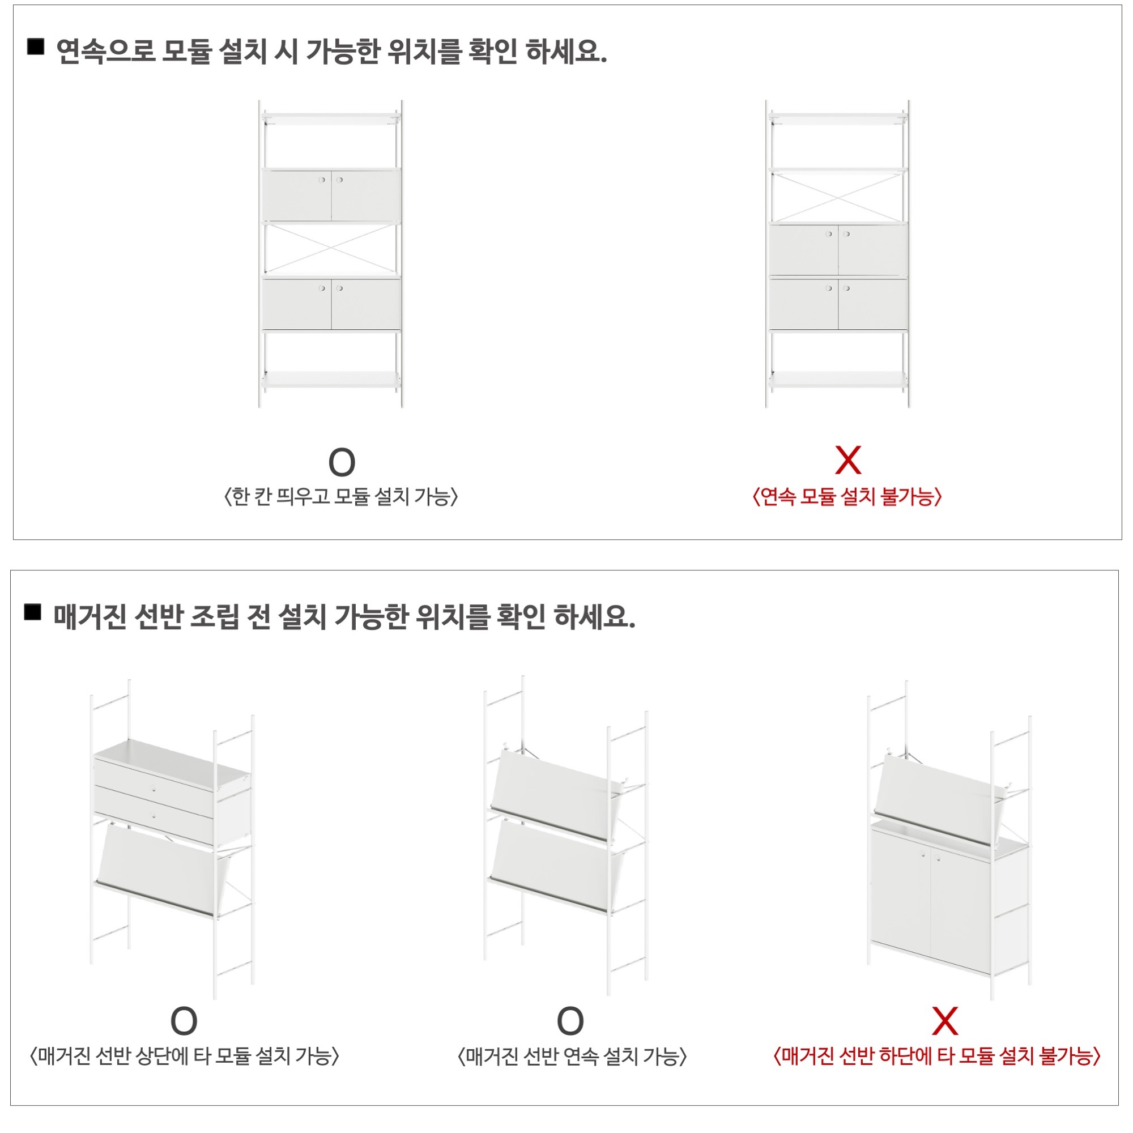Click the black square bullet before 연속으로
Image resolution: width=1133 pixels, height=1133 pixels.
pos(36,47)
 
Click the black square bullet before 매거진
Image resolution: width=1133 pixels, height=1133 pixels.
pos(33,612)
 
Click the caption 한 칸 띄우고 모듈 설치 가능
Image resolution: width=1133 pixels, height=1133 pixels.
pos(340,497)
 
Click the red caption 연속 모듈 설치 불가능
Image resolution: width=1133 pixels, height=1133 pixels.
pos(847,497)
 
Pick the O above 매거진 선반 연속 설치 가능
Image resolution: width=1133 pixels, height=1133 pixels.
pos(570,1021)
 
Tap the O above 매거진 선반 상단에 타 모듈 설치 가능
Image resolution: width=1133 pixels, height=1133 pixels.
pos(184,1021)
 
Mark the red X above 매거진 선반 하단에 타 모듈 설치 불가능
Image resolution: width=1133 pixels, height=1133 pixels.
pos(945,1021)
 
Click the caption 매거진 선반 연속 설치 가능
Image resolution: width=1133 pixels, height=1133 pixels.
pos(572,1057)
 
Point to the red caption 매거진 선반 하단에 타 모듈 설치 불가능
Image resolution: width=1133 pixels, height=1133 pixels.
pos(937,1057)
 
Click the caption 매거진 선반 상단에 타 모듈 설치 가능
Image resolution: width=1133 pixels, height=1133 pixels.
pos(185,1057)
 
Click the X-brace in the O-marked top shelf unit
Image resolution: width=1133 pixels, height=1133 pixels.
pos(331,249)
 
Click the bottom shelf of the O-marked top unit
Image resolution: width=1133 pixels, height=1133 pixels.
pos(331,380)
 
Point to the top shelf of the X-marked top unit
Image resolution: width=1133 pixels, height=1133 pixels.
pos(838,119)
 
